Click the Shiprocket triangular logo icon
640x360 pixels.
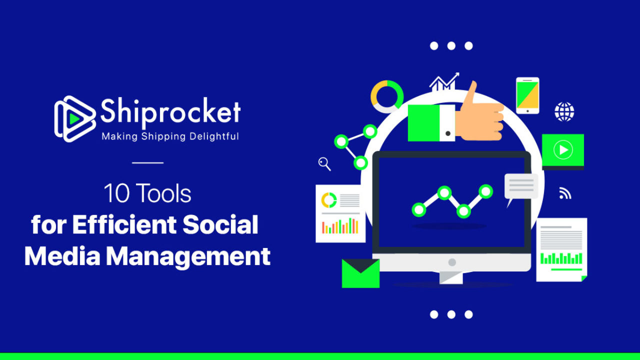pyautogui.click(x=75, y=119)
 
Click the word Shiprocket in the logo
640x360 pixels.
pyautogui.click(x=170, y=112)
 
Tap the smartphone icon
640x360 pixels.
pyautogui.click(x=527, y=95)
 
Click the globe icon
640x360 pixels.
pyautogui.click(x=564, y=111)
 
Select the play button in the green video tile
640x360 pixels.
pyautogui.click(x=563, y=149)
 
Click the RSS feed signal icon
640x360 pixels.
pyautogui.click(x=565, y=193)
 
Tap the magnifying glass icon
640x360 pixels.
pyautogui.click(x=324, y=164)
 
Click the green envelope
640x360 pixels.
pyautogui.click(x=360, y=273)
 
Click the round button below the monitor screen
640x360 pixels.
pyautogui.click(x=452, y=262)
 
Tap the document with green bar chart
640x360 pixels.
pyautogui.click(x=561, y=249)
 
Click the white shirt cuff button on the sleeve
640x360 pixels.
pyautogui.click(x=448, y=133)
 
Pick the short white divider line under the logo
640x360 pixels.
pyautogui.click(x=147, y=162)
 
